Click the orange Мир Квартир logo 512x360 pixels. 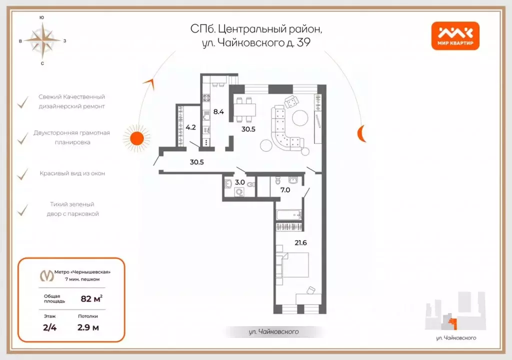tap(455, 37)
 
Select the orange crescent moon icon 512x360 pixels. tap(361, 133)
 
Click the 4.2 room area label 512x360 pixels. tap(190, 127)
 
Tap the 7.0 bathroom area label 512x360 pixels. tap(285, 190)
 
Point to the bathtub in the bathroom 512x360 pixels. tap(288, 215)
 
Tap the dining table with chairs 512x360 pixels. tap(245, 109)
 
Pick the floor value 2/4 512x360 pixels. tap(49, 328)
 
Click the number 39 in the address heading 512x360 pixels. tap(303, 42)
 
